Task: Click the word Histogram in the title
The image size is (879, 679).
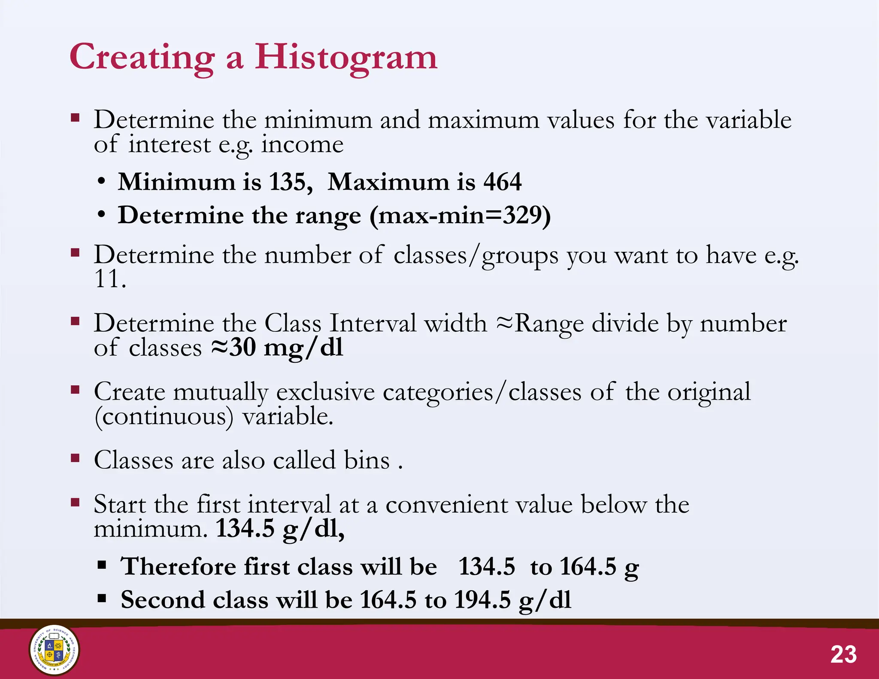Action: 346,57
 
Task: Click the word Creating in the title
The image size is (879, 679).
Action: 142,57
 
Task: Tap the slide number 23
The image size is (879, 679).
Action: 843,655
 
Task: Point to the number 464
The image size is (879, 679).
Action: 502,182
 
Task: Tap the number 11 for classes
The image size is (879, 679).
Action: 107,279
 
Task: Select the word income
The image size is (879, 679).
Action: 303,144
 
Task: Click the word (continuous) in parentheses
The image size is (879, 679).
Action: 164,417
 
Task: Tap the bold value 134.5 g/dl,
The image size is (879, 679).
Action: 279,529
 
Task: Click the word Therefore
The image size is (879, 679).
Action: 178,566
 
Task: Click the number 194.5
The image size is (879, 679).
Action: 482,600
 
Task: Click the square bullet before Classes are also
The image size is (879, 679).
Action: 76,458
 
